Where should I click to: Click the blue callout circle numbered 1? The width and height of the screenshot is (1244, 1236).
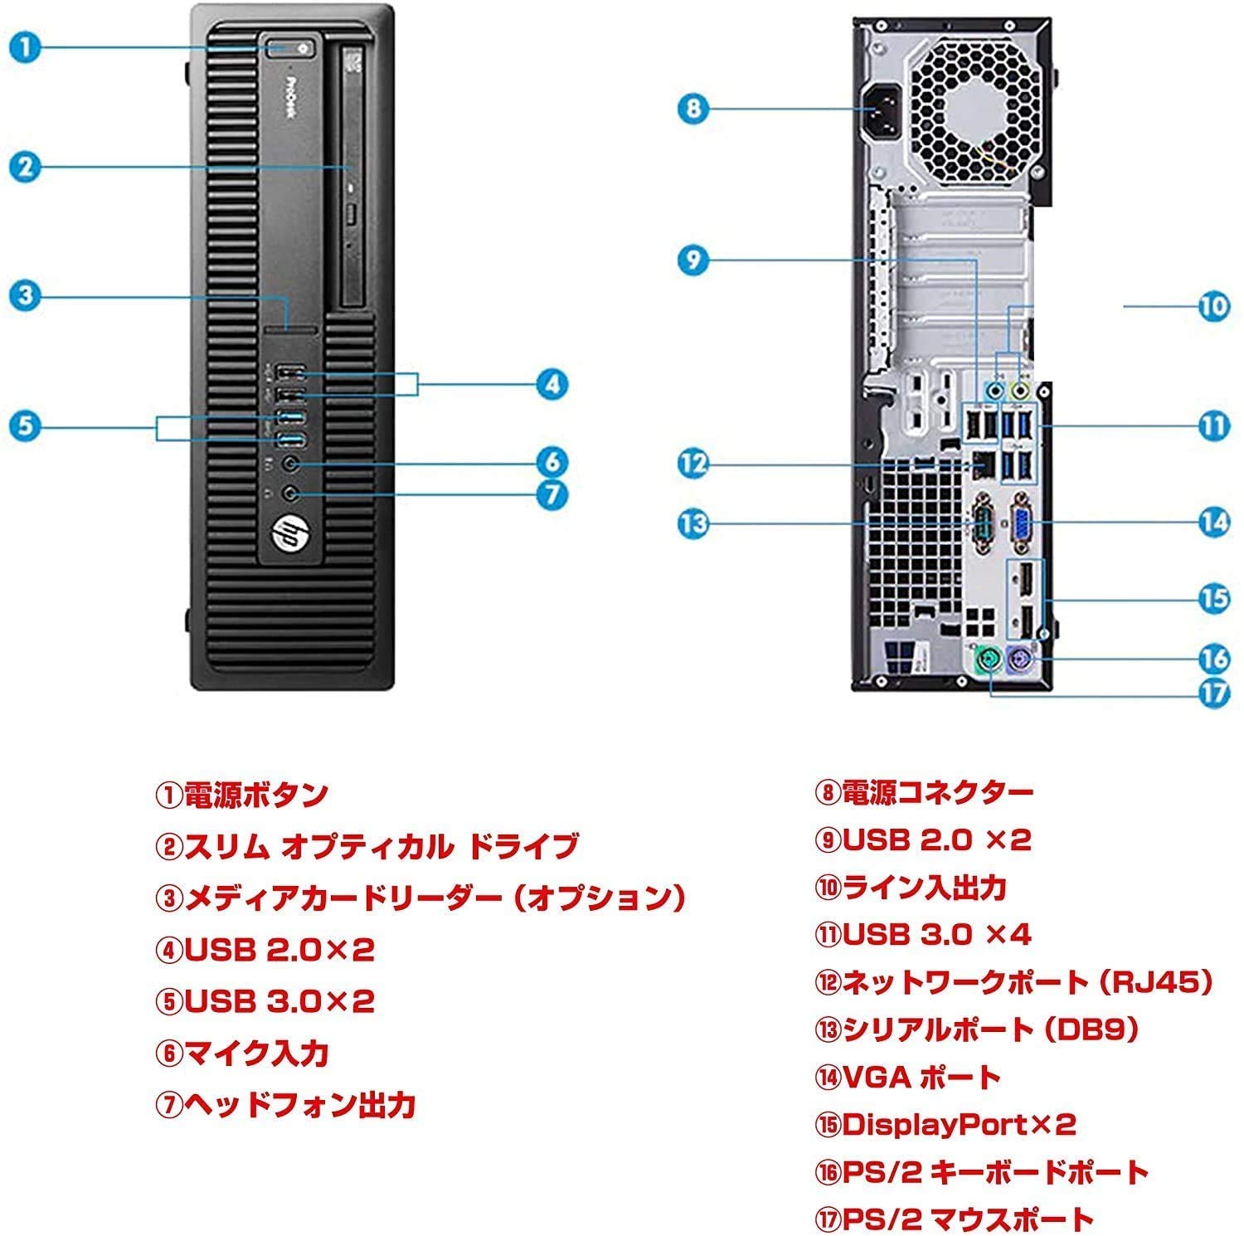(x=27, y=46)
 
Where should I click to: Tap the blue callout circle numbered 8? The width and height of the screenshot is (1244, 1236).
(x=693, y=108)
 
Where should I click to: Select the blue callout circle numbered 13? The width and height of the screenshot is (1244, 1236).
(x=693, y=523)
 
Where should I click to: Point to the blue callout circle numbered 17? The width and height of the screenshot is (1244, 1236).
(x=1214, y=692)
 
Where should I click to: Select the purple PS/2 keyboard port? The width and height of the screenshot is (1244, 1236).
(x=1020, y=659)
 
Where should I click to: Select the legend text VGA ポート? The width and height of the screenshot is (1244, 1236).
(x=921, y=1077)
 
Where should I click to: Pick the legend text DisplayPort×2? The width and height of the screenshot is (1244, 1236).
(x=959, y=1124)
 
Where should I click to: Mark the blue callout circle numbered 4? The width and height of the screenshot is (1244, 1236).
(x=552, y=384)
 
